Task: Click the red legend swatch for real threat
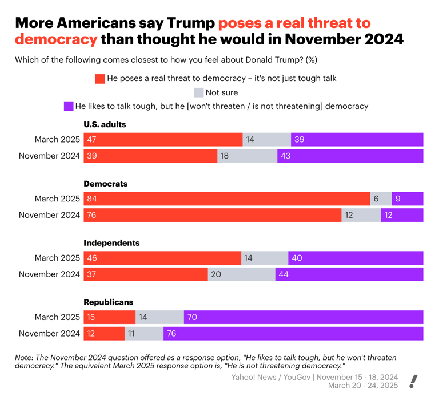point(100,79)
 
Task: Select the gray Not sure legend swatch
point(199,92)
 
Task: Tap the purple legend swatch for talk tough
point(69,106)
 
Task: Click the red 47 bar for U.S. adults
point(163,140)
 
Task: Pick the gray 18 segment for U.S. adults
point(247,156)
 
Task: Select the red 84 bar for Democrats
point(226,199)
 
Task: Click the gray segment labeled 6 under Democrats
point(381,199)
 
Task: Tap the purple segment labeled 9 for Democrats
point(407,199)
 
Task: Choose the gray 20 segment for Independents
point(241,274)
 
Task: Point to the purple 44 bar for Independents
point(349,274)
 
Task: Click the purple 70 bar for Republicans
point(304,317)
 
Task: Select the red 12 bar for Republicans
point(104,334)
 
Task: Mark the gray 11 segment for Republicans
point(144,334)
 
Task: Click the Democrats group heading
point(106,184)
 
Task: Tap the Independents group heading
point(111,243)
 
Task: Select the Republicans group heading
point(109,302)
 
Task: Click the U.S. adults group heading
point(105,124)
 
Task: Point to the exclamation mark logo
point(414,382)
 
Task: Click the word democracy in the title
point(56,39)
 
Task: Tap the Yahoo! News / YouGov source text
point(314,377)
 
